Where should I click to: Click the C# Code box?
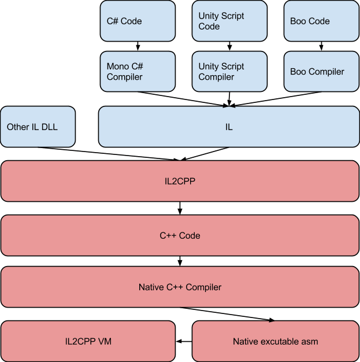tap(138, 21)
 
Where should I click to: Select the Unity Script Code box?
tap(229, 21)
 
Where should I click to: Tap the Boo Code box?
tap(321, 21)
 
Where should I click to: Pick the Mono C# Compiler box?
tap(138, 72)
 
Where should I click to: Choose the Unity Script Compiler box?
tap(229, 72)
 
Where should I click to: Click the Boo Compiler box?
tap(321, 72)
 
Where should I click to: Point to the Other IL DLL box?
tap(38, 127)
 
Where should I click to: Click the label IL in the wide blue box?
tap(229, 127)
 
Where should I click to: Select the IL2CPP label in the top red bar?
tap(180, 181)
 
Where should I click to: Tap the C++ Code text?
tap(180, 235)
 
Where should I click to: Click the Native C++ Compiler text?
tap(180, 287)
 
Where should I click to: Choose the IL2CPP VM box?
tap(88, 341)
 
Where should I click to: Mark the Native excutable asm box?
tap(275, 341)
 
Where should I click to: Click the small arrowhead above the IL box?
tap(229, 107)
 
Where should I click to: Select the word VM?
tap(104, 341)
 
